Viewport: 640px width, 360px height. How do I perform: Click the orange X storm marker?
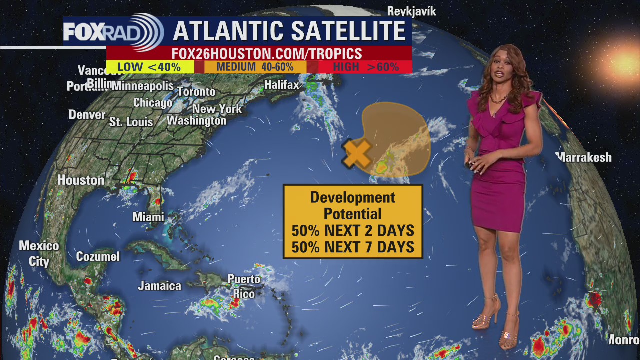[x=357, y=153]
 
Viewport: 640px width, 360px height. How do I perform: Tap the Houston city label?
[x=81, y=180]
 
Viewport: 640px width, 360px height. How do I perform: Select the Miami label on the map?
[x=148, y=217]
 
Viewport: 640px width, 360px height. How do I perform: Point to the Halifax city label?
[x=282, y=85]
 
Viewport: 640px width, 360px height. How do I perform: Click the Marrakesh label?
[x=584, y=157]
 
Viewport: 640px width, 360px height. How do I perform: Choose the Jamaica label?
[x=159, y=286]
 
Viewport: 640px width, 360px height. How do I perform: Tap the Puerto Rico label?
[x=244, y=286]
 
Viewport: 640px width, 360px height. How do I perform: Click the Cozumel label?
[x=98, y=257]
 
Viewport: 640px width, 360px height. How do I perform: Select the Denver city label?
[x=87, y=115]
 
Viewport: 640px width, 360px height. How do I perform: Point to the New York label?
[x=217, y=109]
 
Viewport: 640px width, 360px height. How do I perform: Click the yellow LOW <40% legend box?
[x=150, y=67]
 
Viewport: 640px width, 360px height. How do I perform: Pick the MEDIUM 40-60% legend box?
[x=255, y=67]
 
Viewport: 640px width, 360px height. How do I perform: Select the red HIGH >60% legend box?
[x=365, y=67]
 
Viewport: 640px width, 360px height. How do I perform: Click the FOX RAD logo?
[x=113, y=32]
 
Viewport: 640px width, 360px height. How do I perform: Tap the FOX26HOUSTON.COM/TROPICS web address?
[x=267, y=54]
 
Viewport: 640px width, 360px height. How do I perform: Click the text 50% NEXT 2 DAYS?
[x=353, y=231]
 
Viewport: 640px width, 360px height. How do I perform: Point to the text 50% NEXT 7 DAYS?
[x=353, y=247]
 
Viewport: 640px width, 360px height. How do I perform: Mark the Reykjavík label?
[x=412, y=11]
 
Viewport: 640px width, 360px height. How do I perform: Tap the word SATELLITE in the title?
[x=349, y=31]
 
